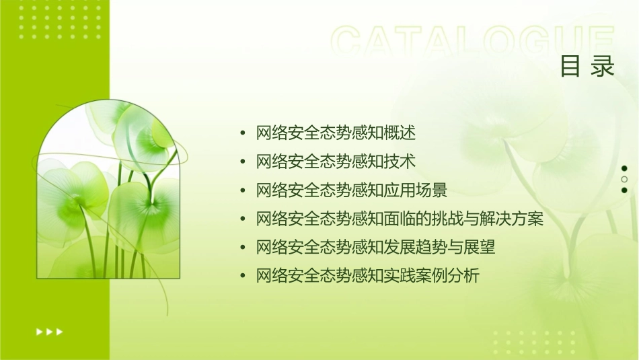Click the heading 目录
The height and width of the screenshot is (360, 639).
pyautogui.click(x=587, y=67)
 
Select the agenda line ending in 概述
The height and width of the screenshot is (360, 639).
pyautogui.click(x=336, y=133)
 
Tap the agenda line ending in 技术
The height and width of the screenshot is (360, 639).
pyautogui.click(x=336, y=161)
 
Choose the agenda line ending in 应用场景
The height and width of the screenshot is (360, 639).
pyautogui.click(x=352, y=190)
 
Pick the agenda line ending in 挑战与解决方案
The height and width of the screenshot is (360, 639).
pyautogui.click(x=400, y=219)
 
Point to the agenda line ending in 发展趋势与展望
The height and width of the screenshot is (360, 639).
pyautogui.click(x=375, y=247)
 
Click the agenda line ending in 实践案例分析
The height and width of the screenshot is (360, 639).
pyautogui.click(x=367, y=276)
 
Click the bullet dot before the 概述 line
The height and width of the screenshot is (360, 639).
pyautogui.click(x=243, y=133)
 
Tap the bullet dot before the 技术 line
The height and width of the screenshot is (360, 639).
pyautogui.click(x=243, y=162)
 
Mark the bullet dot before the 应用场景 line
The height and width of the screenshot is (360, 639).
pyautogui.click(x=243, y=190)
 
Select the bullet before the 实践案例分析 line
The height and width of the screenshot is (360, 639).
pyautogui.click(x=243, y=276)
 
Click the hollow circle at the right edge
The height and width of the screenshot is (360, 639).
pyautogui.click(x=624, y=180)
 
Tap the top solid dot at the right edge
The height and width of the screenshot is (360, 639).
pyautogui.click(x=624, y=169)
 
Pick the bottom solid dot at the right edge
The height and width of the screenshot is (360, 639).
pyautogui.click(x=624, y=190)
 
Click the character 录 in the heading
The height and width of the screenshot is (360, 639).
pyautogui.click(x=603, y=67)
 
